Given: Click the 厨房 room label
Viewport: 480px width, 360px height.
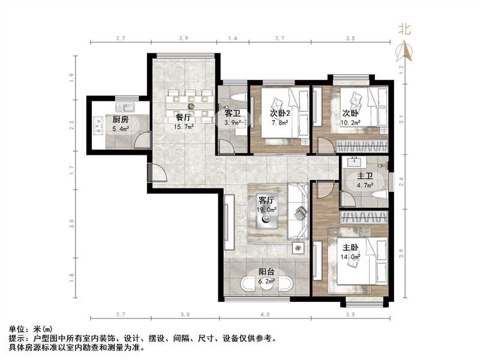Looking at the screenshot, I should tap(112, 119).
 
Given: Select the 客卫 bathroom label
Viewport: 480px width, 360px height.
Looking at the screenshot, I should tap(232, 113).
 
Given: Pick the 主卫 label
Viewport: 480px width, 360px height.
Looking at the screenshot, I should tap(365, 176).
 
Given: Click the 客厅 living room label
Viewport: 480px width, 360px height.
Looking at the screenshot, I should tap(266, 200).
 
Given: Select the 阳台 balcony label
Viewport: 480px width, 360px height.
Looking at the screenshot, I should tap(266, 272).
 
